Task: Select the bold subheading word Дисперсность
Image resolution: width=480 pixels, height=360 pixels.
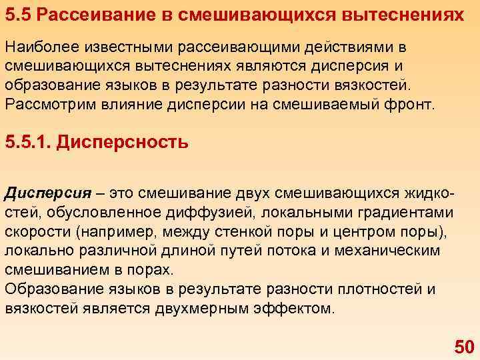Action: [x=123, y=143]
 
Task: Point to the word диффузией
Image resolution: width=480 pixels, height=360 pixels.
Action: [x=227, y=213]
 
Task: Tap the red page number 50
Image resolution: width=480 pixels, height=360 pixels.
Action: [x=463, y=346]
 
